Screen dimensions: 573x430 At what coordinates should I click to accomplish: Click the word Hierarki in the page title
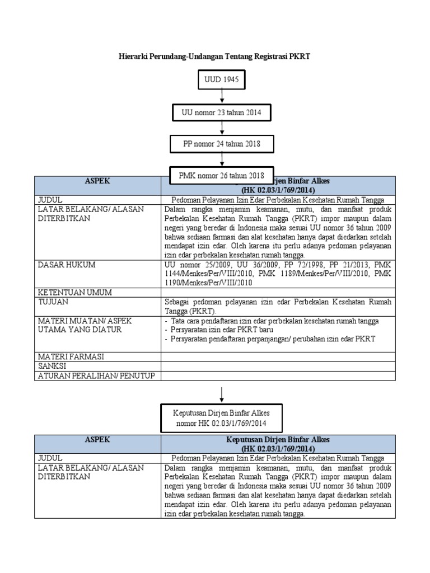(135, 57)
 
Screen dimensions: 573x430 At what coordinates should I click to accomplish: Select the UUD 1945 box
(222, 80)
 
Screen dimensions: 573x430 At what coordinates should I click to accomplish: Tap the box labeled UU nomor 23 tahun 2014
(222, 112)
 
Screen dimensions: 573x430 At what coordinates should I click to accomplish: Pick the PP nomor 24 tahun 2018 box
(222, 144)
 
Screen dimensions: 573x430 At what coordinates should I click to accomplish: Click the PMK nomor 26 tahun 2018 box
(221, 175)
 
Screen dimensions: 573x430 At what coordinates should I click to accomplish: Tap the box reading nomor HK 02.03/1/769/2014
(222, 418)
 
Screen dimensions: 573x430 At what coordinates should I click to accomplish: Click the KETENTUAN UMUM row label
(74, 293)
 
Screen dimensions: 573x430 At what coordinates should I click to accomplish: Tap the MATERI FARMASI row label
(71, 356)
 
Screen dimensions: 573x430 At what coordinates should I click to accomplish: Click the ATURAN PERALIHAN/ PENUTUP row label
(96, 375)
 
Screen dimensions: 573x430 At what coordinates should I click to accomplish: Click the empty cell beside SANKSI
(278, 365)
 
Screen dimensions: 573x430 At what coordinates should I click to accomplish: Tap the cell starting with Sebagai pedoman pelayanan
(278, 306)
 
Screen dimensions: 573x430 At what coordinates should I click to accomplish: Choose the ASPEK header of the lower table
(97, 439)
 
